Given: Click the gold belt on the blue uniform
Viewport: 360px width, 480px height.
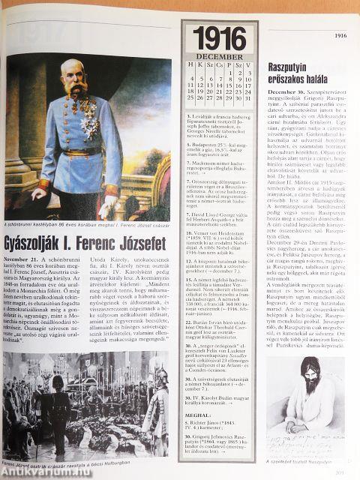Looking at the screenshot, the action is pos(83,160).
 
